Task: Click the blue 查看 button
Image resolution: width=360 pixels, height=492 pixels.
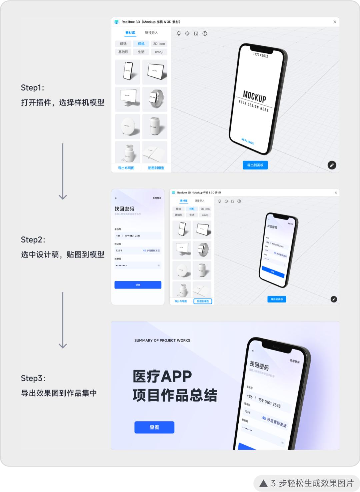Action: tap(154, 427)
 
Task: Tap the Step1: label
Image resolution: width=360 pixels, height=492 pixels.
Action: tap(32, 88)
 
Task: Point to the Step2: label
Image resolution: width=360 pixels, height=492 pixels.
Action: tap(33, 240)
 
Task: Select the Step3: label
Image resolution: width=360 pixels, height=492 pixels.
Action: tap(33, 378)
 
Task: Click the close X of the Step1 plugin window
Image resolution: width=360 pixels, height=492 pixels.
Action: tap(335, 22)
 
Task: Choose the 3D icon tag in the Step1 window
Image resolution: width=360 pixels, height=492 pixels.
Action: tap(159, 44)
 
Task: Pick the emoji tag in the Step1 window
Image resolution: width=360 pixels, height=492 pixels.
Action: tap(159, 52)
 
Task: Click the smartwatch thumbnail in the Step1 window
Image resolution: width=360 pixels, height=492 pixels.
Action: tap(155, 99)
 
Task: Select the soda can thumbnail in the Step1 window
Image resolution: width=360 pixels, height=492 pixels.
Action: tap(155, 126)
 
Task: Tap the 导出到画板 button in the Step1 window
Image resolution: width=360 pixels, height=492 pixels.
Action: tap(255, 165)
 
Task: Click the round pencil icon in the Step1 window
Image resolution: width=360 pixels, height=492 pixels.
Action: tap(332, 165)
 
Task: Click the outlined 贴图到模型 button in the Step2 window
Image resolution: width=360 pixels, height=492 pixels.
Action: tap(203, 301)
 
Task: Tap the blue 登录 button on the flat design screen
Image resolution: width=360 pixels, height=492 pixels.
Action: tap(138, 285)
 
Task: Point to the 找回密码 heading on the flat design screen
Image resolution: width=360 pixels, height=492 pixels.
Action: tap(124, 209)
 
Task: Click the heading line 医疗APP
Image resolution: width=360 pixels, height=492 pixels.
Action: tap(162, 376)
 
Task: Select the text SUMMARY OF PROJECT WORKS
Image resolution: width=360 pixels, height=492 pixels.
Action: tap(162, 341)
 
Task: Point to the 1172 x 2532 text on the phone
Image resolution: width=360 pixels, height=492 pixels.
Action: tap(260, 55)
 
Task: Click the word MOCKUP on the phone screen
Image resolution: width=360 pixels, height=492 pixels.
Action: tap(255, 96)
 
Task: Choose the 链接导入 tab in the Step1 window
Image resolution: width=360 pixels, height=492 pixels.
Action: tap(151, 33)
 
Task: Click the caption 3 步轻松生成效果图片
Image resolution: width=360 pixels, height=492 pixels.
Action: tap(312, 483)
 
